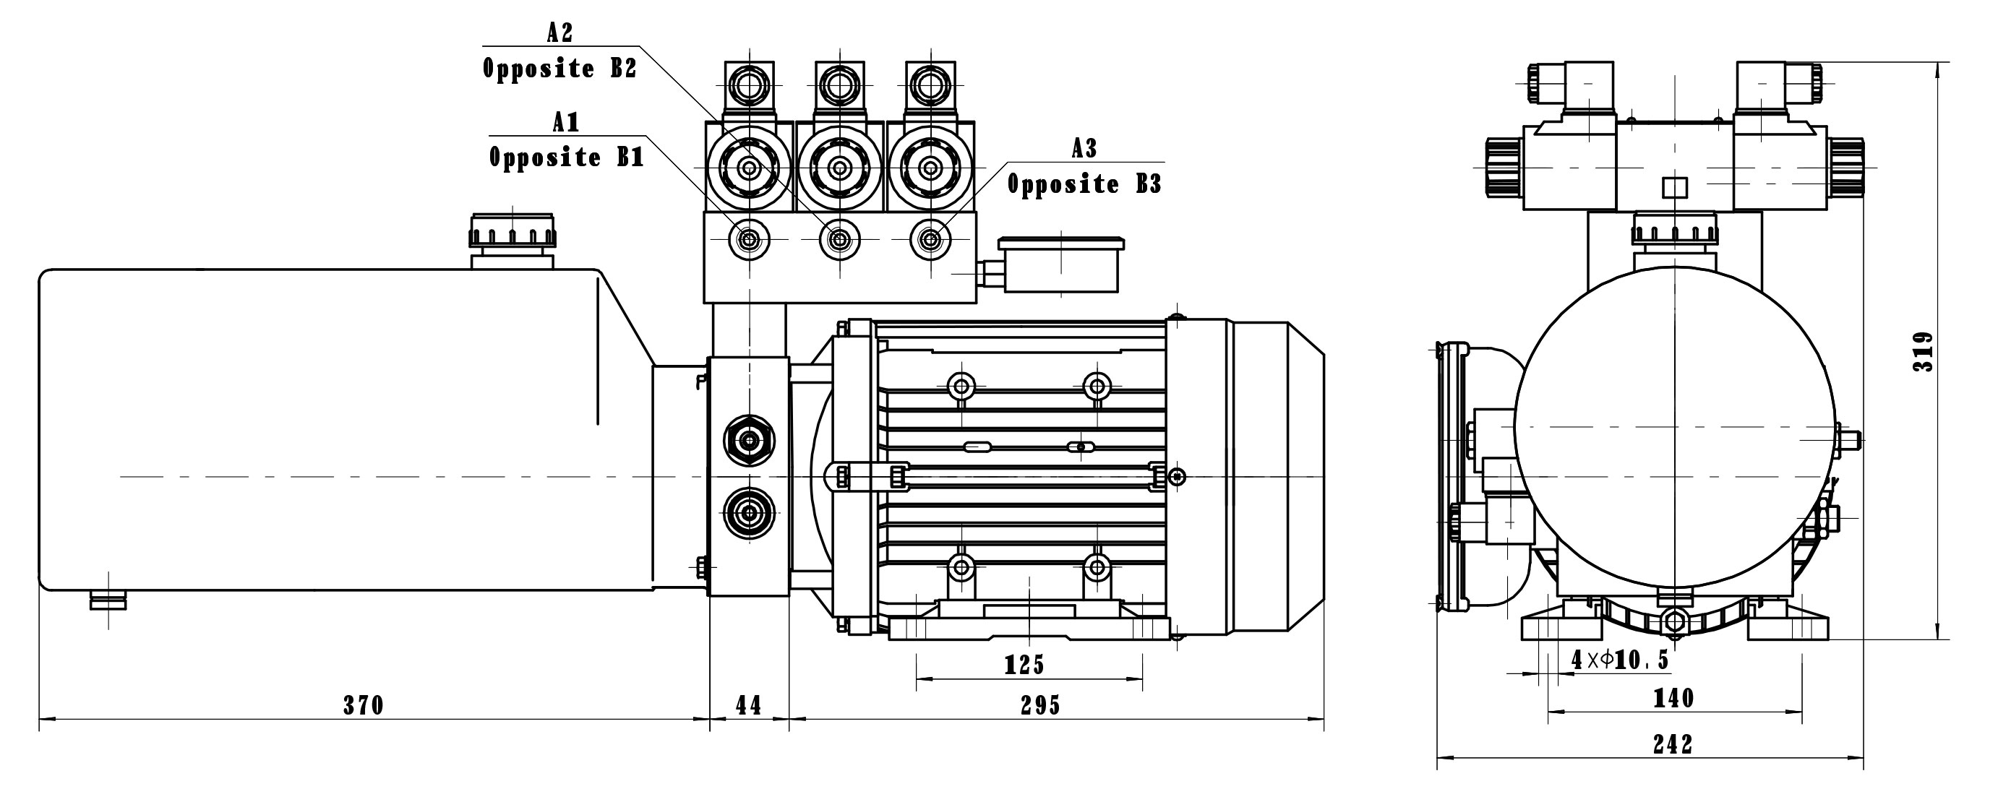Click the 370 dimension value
[x=363, y=705]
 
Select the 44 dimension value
[x=748, y=705]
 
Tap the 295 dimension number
[x=1040, y=705]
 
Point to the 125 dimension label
[x=1024, y=665]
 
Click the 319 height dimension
[x=1923, y=352]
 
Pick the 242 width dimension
[x=1672, y=745]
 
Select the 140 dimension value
[x=1673, y=698]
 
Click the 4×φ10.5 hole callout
[x=1619, y=660]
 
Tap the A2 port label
[x=560, y=32]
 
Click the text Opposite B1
[x=566, y=158]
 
